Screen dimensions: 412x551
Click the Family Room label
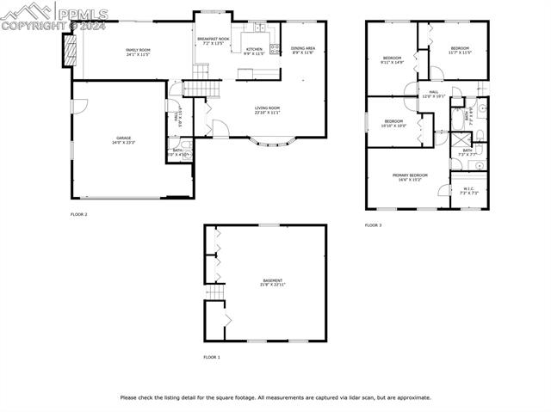[x=138, y=52]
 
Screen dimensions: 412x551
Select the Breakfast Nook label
[x=213, y=40]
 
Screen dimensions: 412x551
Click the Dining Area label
[x=302, y=51]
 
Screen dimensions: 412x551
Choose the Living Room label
[x=267, y=110]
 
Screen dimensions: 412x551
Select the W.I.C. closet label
[x=467, y=191]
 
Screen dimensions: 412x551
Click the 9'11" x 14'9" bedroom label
[x=392, y=60]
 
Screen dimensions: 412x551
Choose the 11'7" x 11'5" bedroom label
[x=460, y=50]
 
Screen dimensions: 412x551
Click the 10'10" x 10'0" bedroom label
[x=393, y=123]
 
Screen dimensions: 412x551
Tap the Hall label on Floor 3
[x=434, y=94]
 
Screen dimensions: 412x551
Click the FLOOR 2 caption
[x=78, y=214]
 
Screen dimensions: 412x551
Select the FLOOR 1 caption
[x=212, y=356]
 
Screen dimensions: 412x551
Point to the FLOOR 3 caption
[x=373, y=224]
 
